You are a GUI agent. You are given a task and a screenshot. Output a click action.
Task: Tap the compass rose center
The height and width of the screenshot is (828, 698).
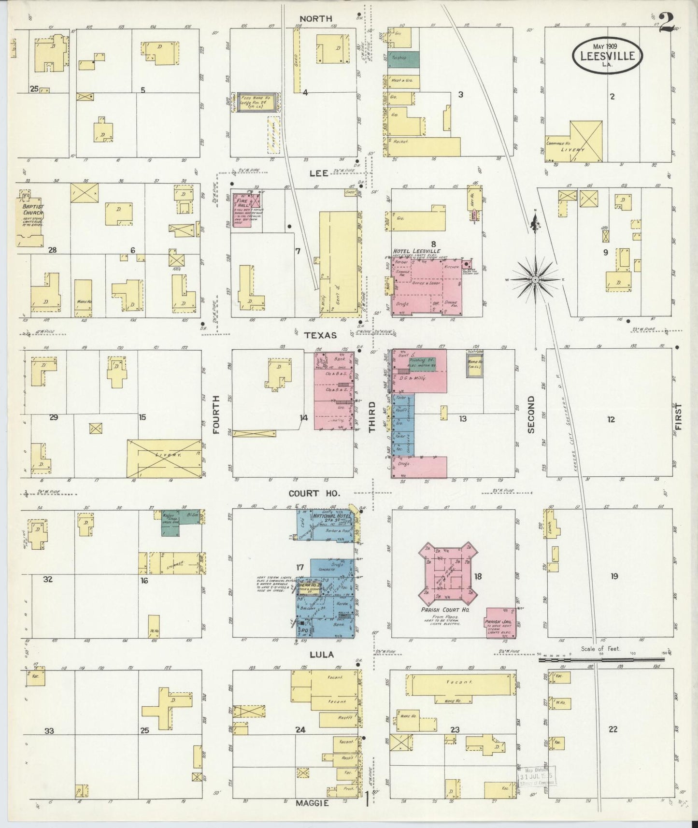535,280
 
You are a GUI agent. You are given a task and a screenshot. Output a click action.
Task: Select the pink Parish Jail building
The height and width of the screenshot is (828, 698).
501,623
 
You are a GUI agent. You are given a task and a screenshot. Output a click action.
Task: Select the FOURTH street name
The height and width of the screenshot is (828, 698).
215,414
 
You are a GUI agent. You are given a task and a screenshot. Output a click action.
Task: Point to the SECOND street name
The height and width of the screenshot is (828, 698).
531,414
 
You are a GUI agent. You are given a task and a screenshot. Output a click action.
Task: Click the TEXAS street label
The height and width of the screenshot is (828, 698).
320,334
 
